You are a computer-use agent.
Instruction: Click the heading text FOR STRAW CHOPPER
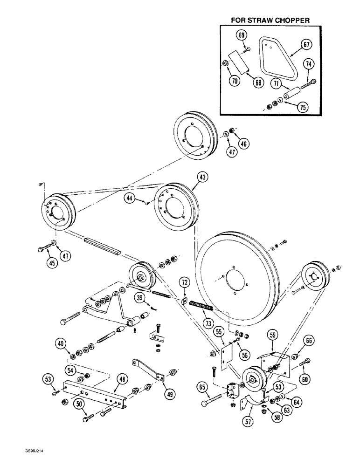point(270,21)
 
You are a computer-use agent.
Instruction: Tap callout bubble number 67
point(306,45)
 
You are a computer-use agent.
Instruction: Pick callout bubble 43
point(203,177)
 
